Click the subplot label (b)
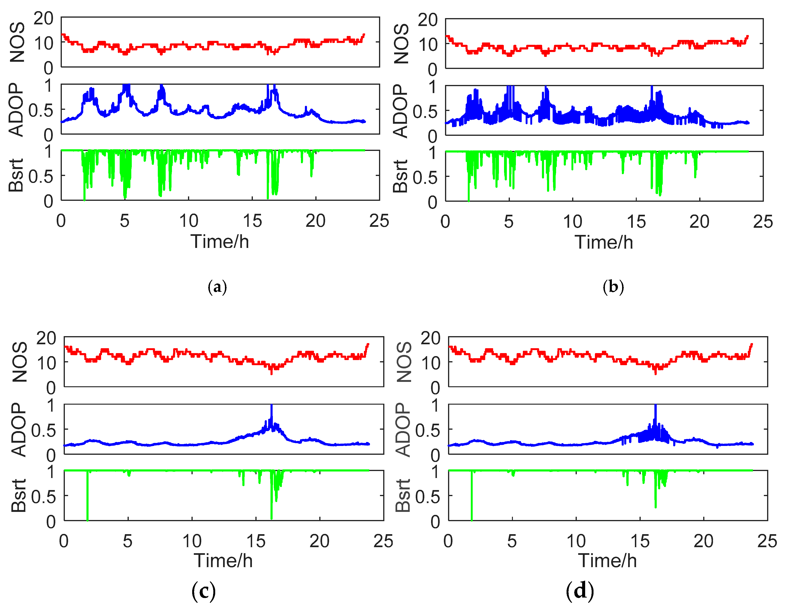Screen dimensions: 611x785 [613, 287]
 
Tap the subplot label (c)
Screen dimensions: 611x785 [203, 591]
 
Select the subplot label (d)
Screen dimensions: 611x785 [580, 591]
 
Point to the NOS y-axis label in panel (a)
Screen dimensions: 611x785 [17, 42]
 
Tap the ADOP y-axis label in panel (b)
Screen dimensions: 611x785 [401, 111]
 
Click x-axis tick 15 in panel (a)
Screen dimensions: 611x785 [252, 221]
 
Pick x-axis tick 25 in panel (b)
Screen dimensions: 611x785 [763, 222]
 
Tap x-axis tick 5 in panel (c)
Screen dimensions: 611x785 [128, 541]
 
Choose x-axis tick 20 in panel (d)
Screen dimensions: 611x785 [703, 541]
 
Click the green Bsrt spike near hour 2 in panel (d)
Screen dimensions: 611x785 [472, 503]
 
